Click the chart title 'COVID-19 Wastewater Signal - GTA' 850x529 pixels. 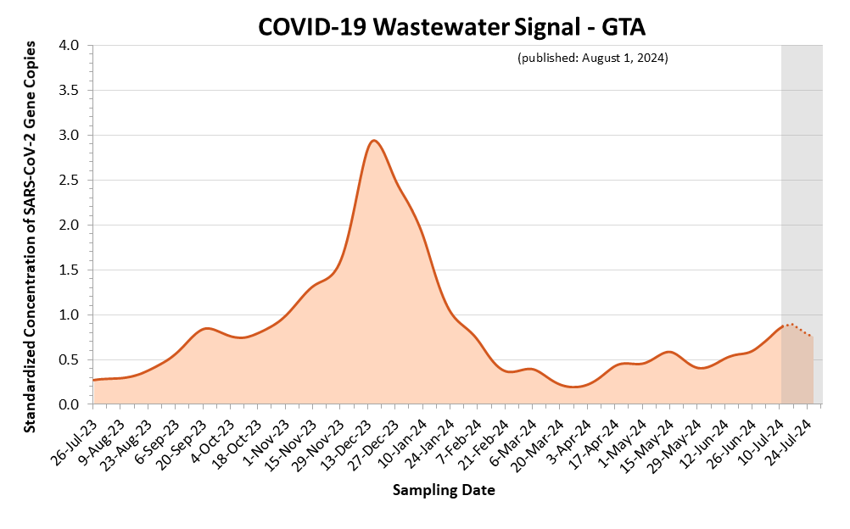pos(451,27)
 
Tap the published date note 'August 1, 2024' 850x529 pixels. pos(592,58)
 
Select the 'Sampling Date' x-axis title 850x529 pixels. pos(444,490)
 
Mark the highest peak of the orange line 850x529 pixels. pos(373,141)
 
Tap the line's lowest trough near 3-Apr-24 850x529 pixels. pos(575,387)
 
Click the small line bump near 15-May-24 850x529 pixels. pos(669,351)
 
